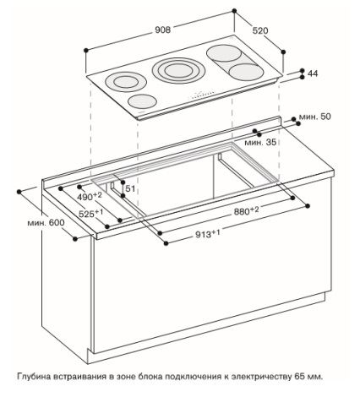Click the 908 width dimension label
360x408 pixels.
(163, 30)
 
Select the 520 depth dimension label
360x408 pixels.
(260, 30)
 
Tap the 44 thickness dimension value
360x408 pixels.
(313, 73)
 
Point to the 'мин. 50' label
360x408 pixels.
(314, 117)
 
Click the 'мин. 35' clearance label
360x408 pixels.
(260, 142)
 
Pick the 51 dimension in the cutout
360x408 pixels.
(130, 188)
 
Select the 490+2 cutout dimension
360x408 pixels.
(90, 196)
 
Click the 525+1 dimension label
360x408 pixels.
(90, 213)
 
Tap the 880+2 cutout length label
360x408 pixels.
(246, 210)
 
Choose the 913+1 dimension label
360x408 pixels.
(208, 233)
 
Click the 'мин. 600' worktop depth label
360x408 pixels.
(46, 223)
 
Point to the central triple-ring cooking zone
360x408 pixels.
(178, 70)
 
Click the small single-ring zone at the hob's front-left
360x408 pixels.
(142, 101)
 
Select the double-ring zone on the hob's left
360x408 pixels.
(126, 82)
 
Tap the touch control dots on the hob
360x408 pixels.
(202, 95)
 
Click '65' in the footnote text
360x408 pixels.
(299, 377)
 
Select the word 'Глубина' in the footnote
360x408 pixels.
(34, 377)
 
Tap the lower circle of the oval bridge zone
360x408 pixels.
(247, 71)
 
